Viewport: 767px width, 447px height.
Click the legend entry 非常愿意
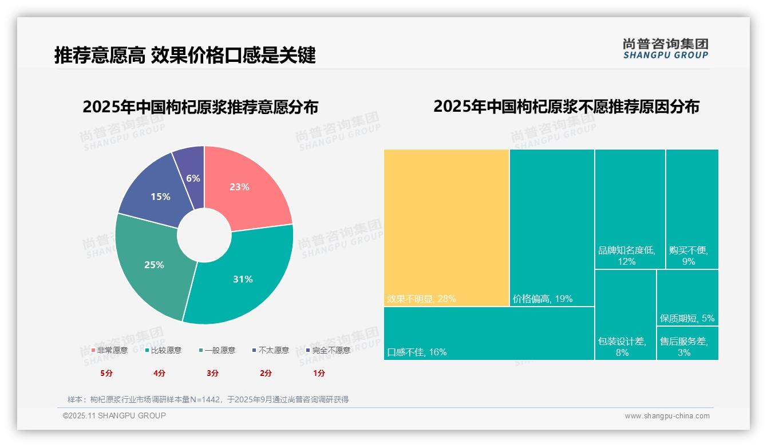(x=109, y=350)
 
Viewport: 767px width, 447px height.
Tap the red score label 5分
(x=106, y=373)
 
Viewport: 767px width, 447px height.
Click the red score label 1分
(x=319, y=373)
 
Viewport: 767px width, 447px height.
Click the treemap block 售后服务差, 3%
(x=687, y=343)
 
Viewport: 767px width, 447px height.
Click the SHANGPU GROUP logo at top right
(x=665, y=48)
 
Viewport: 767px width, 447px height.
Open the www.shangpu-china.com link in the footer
(x=667, y=416)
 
